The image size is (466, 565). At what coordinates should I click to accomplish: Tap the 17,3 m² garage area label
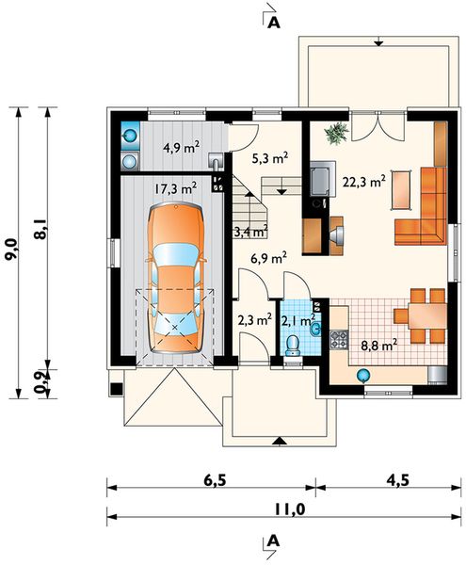176,188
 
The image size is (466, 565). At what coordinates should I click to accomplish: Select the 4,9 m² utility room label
179,148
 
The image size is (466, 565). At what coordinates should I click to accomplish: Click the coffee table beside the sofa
402,187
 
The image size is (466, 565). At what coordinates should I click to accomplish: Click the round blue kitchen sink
362,374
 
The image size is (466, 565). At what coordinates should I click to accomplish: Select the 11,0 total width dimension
283,509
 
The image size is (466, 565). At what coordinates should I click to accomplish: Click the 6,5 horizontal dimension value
213,478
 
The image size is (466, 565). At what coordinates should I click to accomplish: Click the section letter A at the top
274,22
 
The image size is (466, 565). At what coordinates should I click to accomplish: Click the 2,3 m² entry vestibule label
254,320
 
